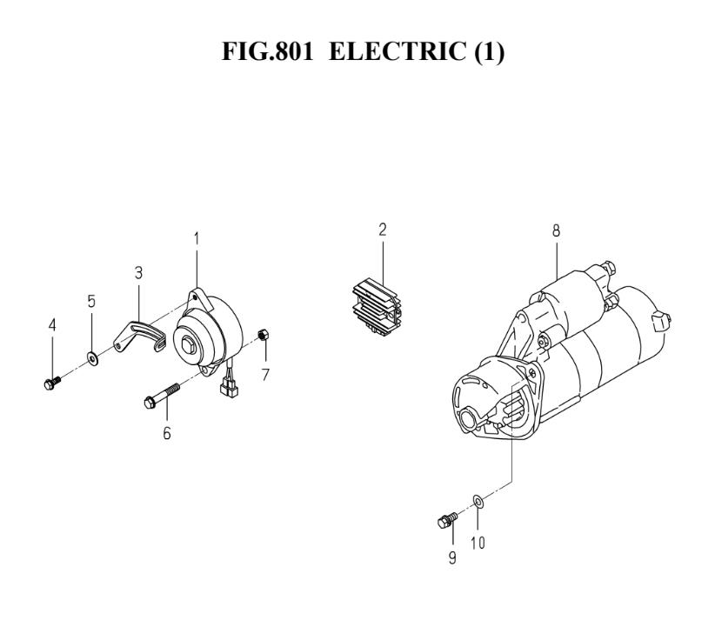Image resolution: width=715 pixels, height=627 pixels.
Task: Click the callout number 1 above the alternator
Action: [197, 239]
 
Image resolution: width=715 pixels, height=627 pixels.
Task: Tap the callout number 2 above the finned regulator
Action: [382, 230]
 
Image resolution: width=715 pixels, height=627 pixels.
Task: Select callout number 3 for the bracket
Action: [138, 273]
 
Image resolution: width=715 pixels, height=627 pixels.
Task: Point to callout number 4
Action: [52, 325]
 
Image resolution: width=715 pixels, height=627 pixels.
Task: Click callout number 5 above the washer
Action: [91, 301]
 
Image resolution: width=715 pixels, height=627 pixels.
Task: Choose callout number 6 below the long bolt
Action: [167, 433]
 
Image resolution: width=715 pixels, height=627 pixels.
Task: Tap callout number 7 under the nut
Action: [265, 375]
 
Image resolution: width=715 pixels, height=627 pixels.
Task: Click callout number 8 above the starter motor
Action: [556, 230]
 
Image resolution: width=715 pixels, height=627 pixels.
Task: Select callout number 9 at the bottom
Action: [452, 557]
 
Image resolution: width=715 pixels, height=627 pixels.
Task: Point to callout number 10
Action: [478, 543]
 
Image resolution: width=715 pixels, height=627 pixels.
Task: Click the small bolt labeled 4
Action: [52, 383]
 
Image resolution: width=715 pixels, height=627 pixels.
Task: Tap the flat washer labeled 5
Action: [92, 359]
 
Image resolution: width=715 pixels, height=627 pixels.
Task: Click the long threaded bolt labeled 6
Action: [162, 396]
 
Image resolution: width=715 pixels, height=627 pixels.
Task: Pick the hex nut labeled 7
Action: [263, 334]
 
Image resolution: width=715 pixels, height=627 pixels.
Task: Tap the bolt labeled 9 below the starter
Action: [447, 520]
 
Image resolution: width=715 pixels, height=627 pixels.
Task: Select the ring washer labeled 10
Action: [478, 501]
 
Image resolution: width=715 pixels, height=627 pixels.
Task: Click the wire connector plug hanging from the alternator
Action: [229, 388]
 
